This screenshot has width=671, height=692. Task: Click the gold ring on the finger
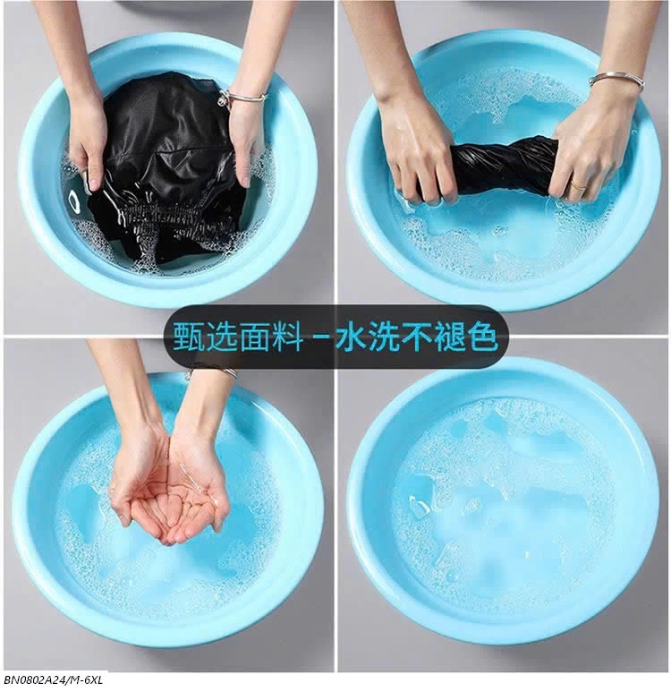click(x=577, y=185)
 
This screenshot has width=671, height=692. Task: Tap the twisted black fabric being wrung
click(x=503, y=167)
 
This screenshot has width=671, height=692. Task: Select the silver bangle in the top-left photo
click(x=242, y=97)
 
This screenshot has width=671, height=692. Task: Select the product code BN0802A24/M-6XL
click(x=54, y=680)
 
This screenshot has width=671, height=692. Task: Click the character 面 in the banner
click(x=255, y=337)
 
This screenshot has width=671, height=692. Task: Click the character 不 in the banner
click(x=417, y=337)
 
